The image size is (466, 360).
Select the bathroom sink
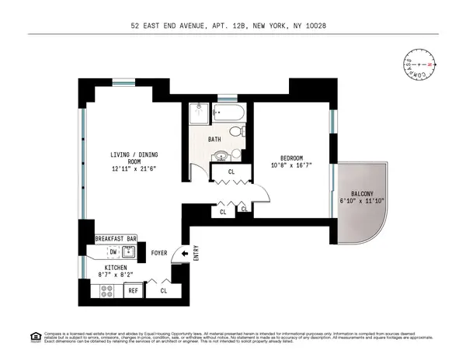point(221,153)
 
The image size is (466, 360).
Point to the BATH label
point(215,140)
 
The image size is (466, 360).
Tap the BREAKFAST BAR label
point(116,239)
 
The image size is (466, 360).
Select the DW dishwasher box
point(113,251)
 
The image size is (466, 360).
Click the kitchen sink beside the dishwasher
point(129,251)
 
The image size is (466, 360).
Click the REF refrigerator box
point(134,291)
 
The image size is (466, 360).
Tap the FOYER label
point(159,252)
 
